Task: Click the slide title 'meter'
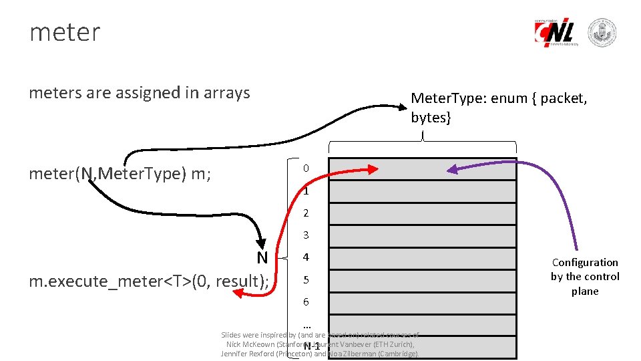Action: click(x=65, y=32)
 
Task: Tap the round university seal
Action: click(x=602, y=33)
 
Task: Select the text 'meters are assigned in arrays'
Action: click(x=140, y=93)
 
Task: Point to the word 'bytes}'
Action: click(x=431, y=118)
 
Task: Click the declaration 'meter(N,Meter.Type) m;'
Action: click(x=121, y=174)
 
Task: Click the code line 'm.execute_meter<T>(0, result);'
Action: click(x=149, y=281)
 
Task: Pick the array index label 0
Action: click(x=305, y=168)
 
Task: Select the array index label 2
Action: click(x=306, y=214)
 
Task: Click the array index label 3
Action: click(x=306, y=235)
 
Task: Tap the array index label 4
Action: click(x=306, y=257)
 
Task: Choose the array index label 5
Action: click(x=306, y=279)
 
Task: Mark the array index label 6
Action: click(x=306, y=302)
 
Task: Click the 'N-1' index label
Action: click(x=312, y=346)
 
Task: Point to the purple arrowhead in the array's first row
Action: click(x=452, y=170)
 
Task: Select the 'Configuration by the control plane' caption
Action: click(x=585, y=277)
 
